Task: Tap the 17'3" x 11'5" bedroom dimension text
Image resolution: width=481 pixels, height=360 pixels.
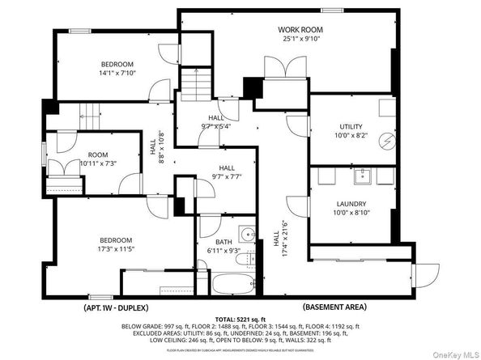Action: point(116,250)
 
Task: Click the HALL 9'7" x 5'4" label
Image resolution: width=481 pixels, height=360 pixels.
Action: point(215,121)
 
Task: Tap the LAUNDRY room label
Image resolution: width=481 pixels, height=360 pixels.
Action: point(351,205)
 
